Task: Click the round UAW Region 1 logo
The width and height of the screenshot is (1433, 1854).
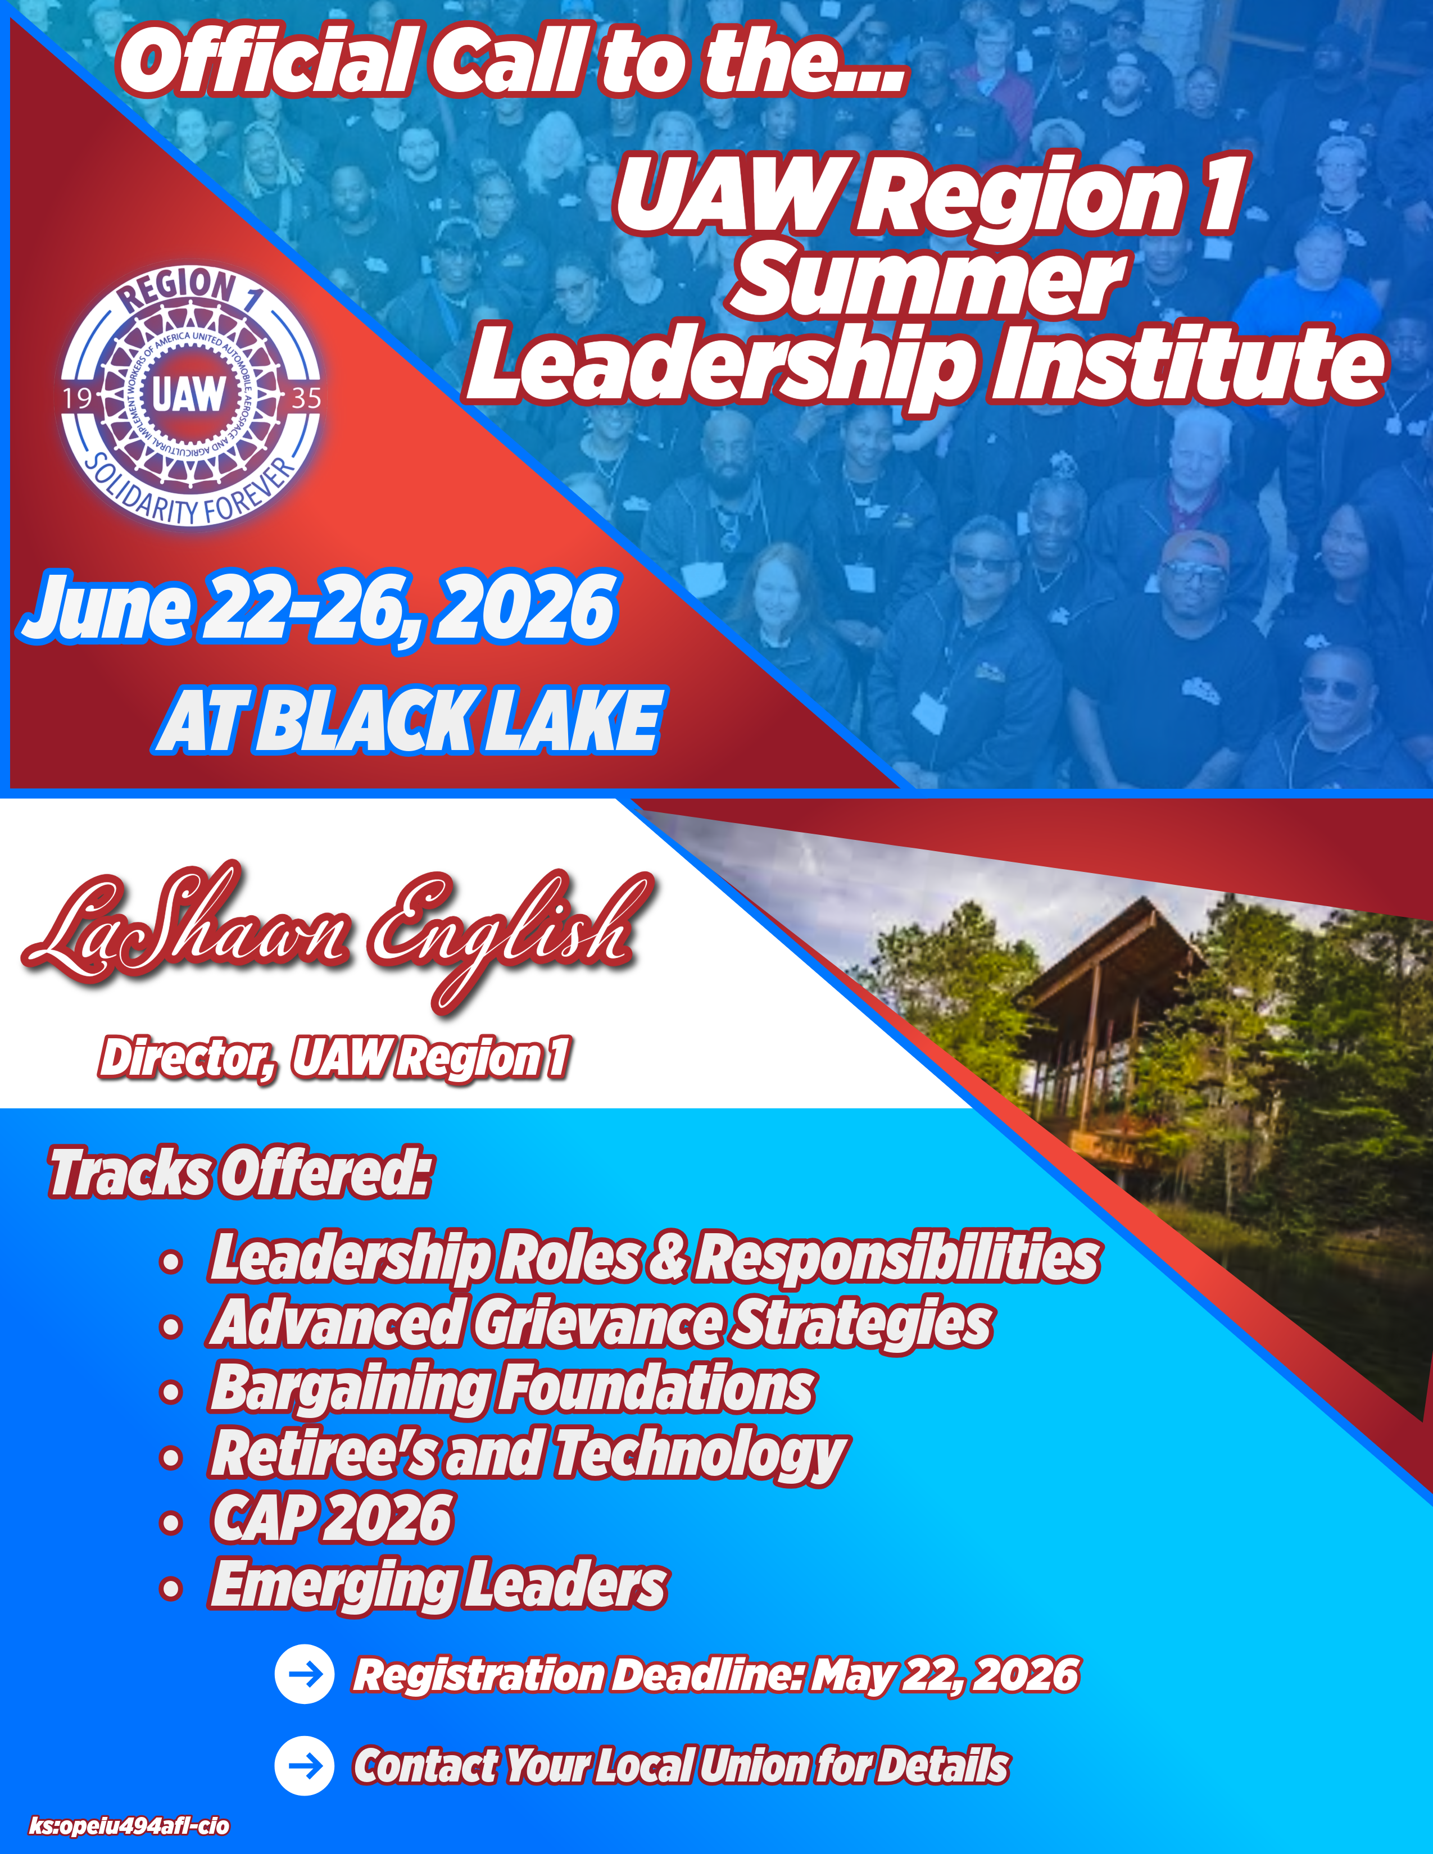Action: (x=190, y=396)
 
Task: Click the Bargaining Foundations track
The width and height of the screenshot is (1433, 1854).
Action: (x=512, y=1389)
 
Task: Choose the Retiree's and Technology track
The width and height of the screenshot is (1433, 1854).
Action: (x=528, y=1456)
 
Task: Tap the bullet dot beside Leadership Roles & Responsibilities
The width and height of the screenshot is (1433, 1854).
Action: (x=171, y=1261)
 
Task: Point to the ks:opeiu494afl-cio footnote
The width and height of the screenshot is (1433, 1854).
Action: (x=129, y=1826)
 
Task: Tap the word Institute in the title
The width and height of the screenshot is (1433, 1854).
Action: (x=1189, y=365)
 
